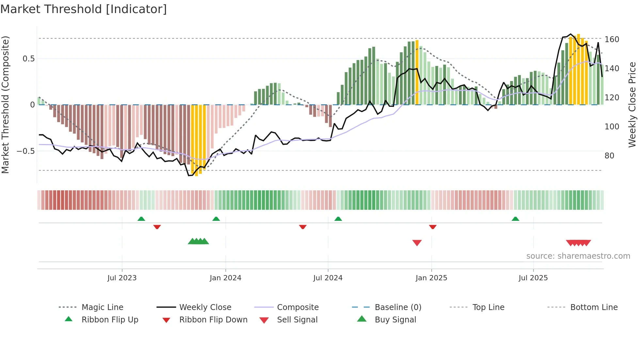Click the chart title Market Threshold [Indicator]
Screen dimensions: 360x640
coord(84,9)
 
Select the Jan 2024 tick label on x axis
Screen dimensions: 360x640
coord(225,278)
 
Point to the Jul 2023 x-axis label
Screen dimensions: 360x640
coord(122,278)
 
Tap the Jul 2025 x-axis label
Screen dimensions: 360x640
coord(533,278)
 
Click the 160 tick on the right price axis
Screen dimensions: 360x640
coord(612,40)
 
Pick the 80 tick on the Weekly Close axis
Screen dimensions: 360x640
coord(609,156)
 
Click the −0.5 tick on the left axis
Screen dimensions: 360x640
coord(25,151)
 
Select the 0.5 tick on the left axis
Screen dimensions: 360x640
coord(28,59)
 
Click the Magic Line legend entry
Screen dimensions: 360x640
coord(102,307)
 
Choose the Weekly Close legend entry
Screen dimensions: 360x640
coord(205,307)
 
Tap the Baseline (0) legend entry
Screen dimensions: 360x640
coord(398,307)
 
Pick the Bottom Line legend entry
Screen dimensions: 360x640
coord(594,307)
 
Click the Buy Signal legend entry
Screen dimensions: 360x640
coord(395,320)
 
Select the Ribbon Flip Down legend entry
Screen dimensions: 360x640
coord(213,320)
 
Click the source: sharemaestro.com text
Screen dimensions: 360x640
coord(578,256)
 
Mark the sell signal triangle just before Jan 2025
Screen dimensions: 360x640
coord(417,243)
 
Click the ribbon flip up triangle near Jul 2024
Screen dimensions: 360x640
coord(338,219)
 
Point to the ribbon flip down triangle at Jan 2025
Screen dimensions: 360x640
coord(433,227)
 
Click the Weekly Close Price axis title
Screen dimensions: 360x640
coord(632,105)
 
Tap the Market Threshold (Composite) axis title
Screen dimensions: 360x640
coord(5,105)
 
